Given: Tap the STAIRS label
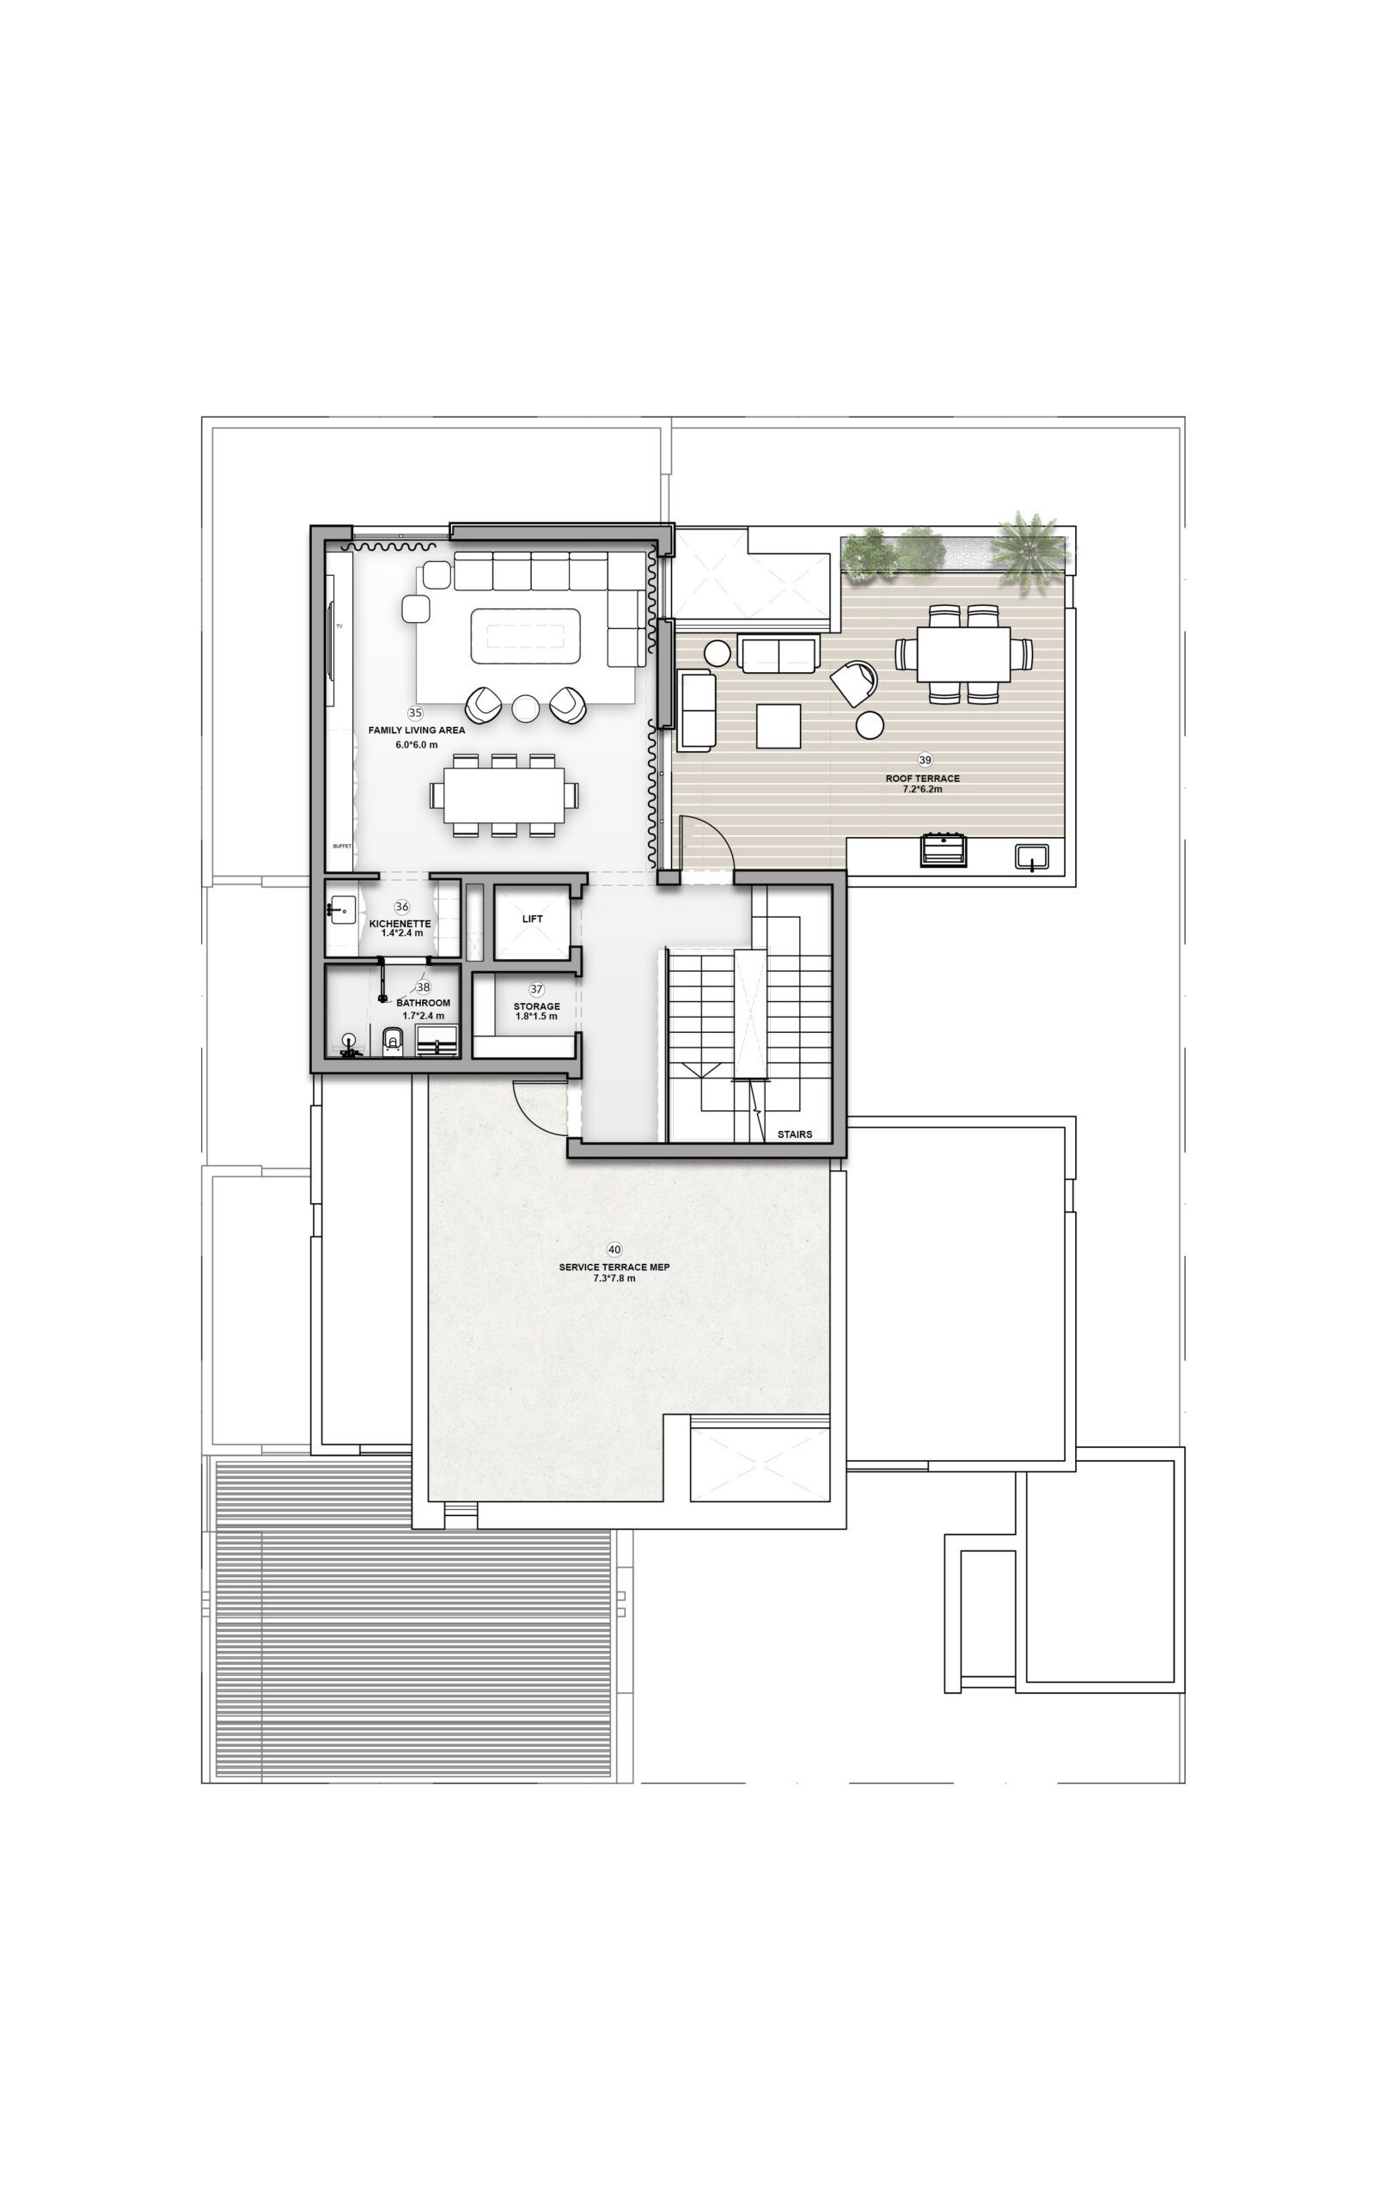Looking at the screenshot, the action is pyautogui.click(x=794, y=1134).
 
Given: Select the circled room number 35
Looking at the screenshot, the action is pyautogui.click(x=416, y=712).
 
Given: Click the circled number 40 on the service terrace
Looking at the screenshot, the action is pyautogui.click(x=614, y=1249).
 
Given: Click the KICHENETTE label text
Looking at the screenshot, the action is pyautogui.click(x=400, y=924).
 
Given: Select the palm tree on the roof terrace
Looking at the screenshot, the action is pyautogui.click(x=1030, y=550).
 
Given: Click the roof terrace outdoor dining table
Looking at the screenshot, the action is pyautogui.click(x=963, y=654).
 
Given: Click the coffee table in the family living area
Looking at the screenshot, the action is pyautogui.click(x=525, y=636).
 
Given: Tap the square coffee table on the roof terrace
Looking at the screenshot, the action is pyautogui.click(x=779, y=726).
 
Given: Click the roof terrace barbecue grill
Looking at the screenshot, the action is pyautogui.click(x=943, y=849).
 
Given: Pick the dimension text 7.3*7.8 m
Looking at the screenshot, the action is pyautogui.click(x=614, y=1278).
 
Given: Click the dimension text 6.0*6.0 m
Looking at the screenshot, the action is pyautogui.click(x=417, y=744).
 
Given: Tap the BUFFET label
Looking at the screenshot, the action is pyautogui.click(x=342, y=846).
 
